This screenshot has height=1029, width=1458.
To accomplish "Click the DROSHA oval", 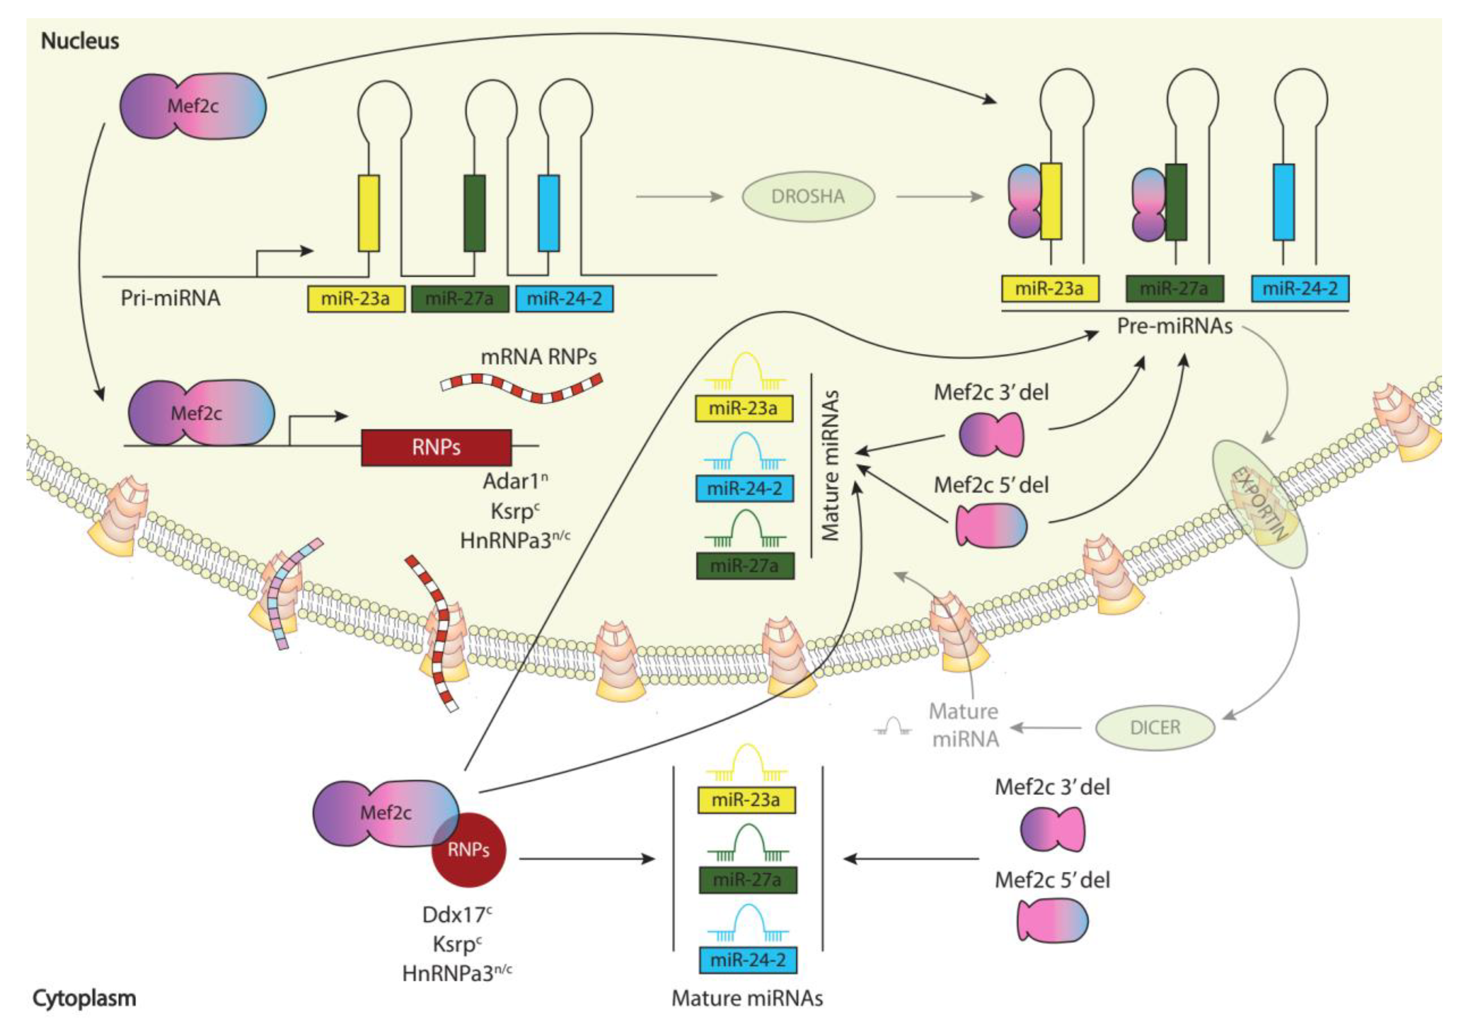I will [808, 197].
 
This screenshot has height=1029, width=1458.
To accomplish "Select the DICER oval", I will [1154, 727].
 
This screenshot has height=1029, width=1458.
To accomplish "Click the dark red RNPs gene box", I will [436, 448].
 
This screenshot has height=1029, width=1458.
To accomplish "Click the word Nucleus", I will [80, 41].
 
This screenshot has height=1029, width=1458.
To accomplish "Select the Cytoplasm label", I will [84, 998].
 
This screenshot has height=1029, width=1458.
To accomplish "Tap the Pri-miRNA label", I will [170, 298].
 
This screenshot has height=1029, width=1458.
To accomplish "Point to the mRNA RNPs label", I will [539, 357].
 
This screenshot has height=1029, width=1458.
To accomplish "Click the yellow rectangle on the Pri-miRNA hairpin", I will [369, 214].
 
